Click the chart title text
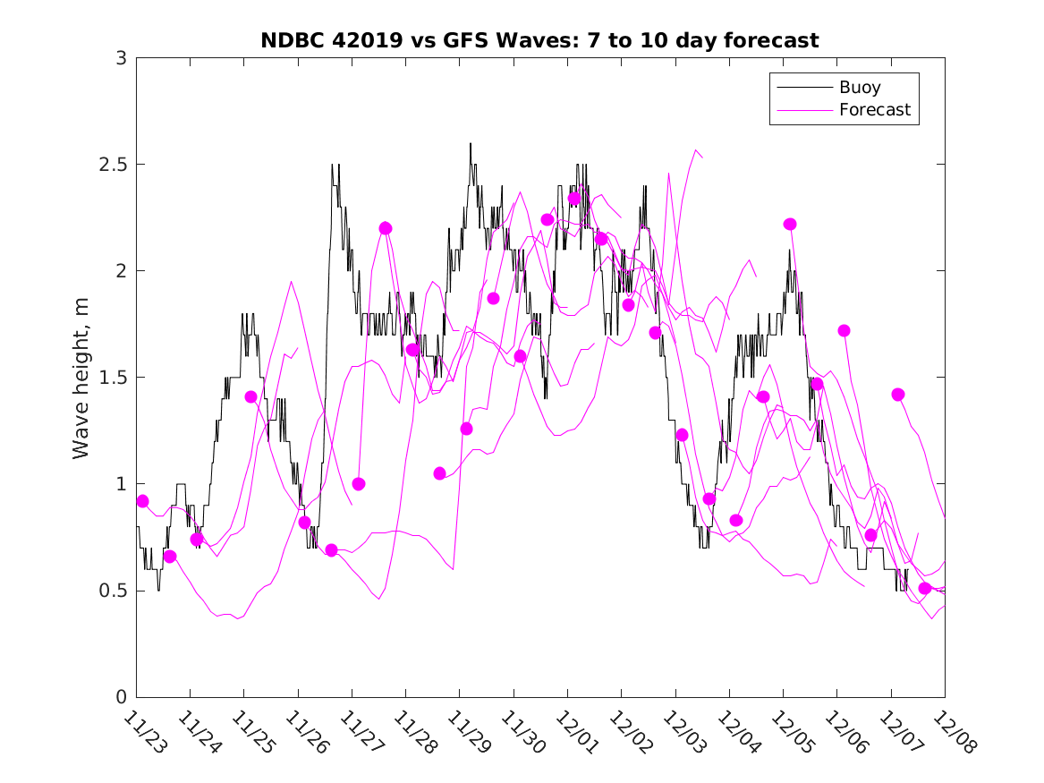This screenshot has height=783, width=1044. point(539,40)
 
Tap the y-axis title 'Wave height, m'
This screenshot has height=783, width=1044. point(81,378)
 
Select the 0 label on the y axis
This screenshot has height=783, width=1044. point(121,697)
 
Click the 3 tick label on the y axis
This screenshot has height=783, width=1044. point(121,58)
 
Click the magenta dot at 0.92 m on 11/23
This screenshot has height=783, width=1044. point(142,501)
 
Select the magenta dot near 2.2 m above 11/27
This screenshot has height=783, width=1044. point(386,228)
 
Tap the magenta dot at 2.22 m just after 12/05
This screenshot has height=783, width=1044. point(790,224)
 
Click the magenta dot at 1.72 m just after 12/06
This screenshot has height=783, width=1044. point(844,330)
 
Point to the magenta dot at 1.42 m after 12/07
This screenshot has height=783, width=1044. point(898,394)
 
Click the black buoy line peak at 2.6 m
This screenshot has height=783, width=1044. point(471,144)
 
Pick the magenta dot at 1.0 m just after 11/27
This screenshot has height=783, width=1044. point(359,483)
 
